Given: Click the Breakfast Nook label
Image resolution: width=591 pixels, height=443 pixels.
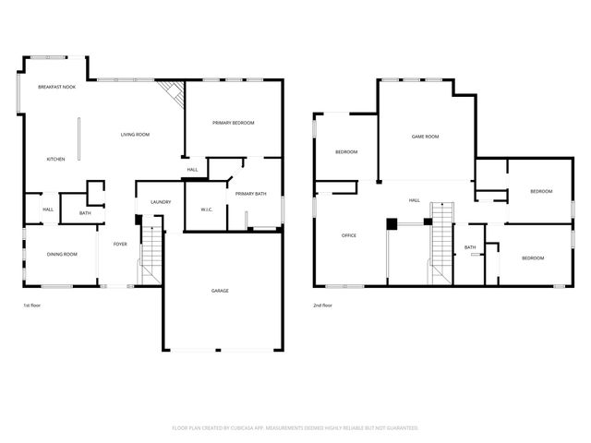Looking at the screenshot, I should tap(56, 87).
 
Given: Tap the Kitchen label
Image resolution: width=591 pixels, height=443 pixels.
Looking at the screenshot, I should tap(56, 160).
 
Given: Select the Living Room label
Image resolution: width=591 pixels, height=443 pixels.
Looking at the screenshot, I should tap(135, 135).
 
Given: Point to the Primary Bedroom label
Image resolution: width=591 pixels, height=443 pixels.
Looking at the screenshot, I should tap(233, 123).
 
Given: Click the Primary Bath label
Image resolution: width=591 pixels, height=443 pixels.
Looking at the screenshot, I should tap(250, 194).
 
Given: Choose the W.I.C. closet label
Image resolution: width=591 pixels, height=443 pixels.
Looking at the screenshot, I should tap(207, 210).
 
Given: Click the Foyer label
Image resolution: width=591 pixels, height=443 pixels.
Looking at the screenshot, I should tap(120, 244).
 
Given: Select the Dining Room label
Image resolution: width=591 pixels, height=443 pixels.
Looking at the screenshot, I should tap(62, 254).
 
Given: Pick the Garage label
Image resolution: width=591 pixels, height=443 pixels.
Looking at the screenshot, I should tap(220, 291).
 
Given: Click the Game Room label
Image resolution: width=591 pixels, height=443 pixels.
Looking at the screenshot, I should tap(425, 137).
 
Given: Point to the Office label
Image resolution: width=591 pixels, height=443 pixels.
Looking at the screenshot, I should tap(349, 235).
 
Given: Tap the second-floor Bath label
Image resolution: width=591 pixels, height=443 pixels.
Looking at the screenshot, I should tap(470, 247).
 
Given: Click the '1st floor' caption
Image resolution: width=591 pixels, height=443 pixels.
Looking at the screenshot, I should tap(32, 305).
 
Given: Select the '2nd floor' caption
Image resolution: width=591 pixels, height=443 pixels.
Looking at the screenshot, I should tap(322, 305).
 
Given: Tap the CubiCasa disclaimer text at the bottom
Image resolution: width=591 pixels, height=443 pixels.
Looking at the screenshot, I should tap(295, 428).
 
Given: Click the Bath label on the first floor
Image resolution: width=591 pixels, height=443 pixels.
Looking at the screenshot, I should tap(85, 213).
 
